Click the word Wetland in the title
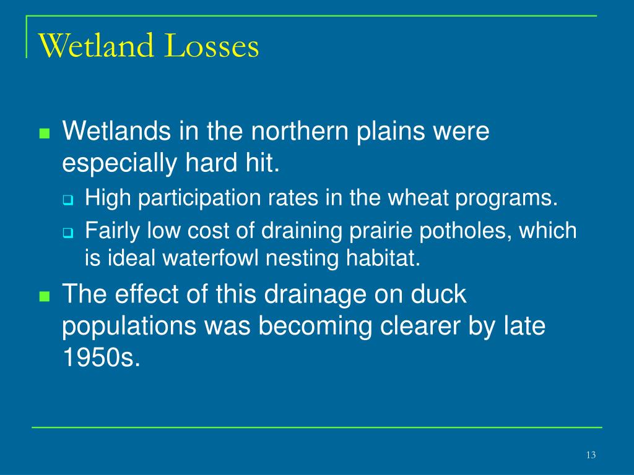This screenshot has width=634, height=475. [x=96, y=45]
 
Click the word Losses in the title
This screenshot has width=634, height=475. [x=212, y=45]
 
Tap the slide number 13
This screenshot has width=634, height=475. [x=591, y=455]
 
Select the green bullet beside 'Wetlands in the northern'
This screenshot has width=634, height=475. [x=45, y=134]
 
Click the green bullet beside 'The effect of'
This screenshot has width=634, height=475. [x=45, y=296]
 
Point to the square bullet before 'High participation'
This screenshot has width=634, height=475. [x=68, y=200]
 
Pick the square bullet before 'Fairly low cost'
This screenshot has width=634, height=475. [x=68, y=233]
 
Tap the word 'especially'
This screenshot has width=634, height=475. [x=119, y=164]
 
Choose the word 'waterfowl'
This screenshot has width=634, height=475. [x=211, y=258]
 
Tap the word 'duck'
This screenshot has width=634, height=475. [x=439, y=294]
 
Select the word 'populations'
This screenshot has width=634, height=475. [x=129, y=327]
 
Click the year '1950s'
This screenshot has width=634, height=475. [x=102, y=357]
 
